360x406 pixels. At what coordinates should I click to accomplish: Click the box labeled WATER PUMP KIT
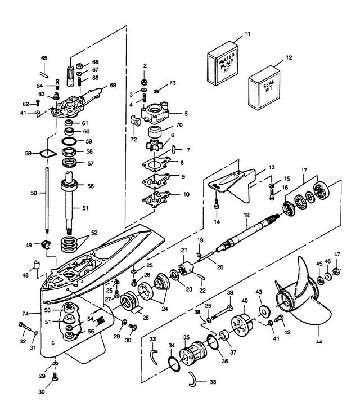tap(223, 64)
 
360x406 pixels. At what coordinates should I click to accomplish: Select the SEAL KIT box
tap(264, 88)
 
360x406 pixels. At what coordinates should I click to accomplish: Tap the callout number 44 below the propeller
tap(319, 342)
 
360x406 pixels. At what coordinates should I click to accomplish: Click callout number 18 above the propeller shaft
tap(246, 215)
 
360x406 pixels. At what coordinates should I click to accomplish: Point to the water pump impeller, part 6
tap(154, 145)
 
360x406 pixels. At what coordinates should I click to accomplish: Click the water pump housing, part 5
tap(155, 113)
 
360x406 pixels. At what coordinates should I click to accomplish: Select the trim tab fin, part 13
tap(232, 185)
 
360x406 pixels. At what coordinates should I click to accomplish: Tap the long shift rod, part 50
tap(47, 200)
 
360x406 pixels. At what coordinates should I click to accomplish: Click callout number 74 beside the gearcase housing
tap(25, 314)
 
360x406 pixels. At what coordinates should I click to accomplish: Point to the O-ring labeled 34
tap(174, 364)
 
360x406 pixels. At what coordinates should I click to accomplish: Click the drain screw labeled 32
tap(25, 328)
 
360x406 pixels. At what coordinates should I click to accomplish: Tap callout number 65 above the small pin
tap(44, 58)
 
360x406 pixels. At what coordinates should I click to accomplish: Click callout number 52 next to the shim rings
tap(94, 233)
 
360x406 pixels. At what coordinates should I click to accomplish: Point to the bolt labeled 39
tap(222, 312)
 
